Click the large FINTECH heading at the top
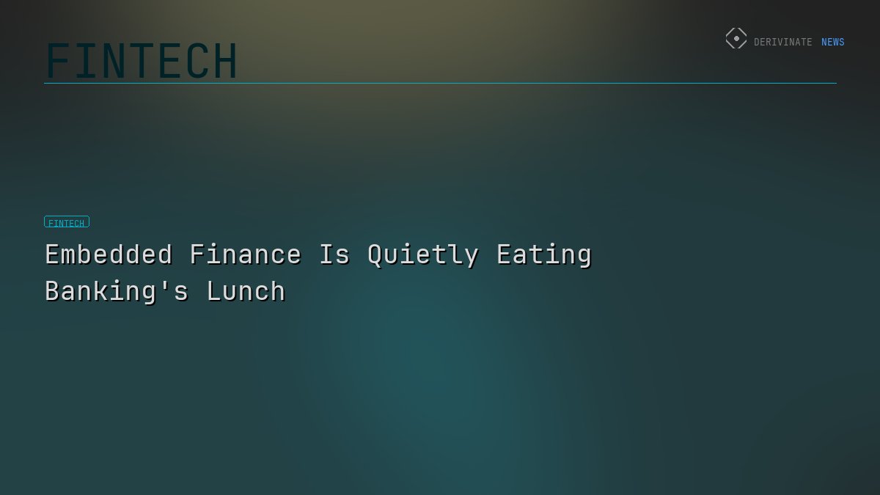(x=142, y=61)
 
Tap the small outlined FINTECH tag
(x=67, y=222)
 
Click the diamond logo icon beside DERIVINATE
(x=736, y=39)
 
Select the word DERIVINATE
(x=782, y=43)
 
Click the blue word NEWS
(x=832, y=43)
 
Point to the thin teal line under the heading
(x=440, y=83)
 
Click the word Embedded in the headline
(x=109, y=254)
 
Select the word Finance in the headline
(x=246, y=254)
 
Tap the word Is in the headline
(x=334, y=254)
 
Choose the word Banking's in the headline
(x=117, y=292)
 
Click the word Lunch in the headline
(x=246, y=291)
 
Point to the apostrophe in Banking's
(x=165, y=282)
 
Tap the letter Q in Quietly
(x=375, y=255)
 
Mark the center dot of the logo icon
(x=736, y=39)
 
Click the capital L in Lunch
(x=214, y=291)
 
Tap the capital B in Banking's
(x=53, y=291)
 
